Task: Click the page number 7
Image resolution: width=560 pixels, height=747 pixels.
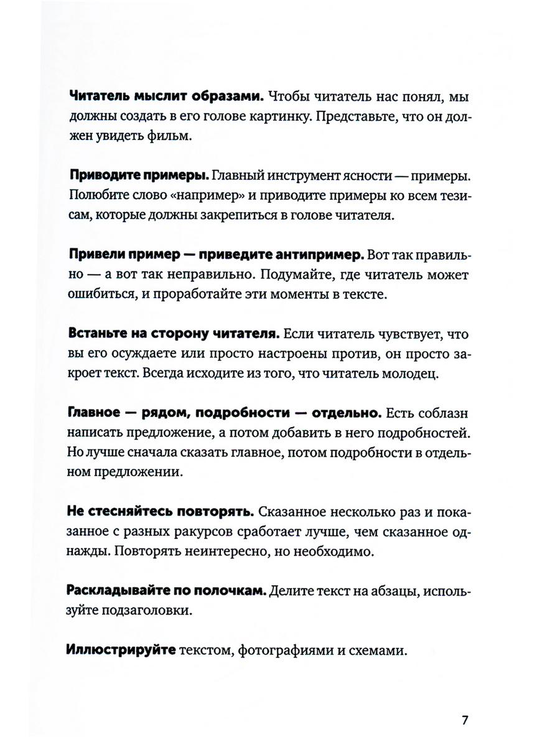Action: point(465,721)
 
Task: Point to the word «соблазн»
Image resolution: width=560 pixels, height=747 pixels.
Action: point(439,413)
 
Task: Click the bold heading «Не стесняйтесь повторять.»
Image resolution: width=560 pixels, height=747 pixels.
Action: point(159,512)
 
